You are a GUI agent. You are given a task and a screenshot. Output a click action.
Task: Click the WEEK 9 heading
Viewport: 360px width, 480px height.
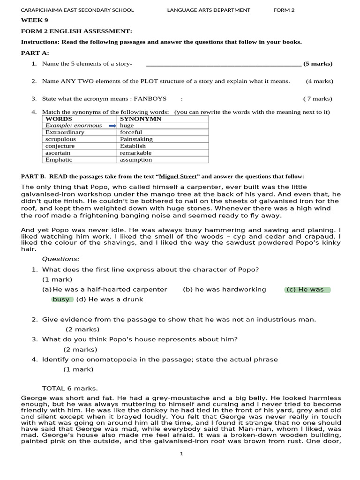[34, 20]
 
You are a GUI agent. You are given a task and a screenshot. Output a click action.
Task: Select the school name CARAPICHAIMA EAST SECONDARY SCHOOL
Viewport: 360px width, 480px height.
[77, 10]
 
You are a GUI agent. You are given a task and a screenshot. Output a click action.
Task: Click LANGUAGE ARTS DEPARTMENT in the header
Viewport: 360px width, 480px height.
[209, 10]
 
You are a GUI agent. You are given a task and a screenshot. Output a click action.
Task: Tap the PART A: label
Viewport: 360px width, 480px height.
[35, 52]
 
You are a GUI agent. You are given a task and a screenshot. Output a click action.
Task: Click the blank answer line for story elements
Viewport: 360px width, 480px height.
[224, 64]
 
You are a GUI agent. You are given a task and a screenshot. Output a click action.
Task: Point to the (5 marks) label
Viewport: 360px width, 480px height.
[318, 64]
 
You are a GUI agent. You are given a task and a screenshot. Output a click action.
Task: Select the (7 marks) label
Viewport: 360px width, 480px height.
[317, 98]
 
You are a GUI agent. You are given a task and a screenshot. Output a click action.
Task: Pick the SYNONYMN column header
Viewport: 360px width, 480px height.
[141, 119]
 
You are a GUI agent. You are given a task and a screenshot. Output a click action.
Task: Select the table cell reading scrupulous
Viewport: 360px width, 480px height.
[60, 139]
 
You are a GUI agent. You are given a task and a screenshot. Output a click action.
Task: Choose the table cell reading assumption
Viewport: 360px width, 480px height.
[136, 159]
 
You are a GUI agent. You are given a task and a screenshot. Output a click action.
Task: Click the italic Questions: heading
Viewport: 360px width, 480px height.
[61, 259]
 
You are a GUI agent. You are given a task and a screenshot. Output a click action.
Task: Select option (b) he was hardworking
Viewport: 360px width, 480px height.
[224, 289]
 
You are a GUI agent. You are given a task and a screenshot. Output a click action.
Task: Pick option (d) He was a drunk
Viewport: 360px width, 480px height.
[110, 299]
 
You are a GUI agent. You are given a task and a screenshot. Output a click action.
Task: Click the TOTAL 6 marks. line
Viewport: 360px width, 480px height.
[70, 388]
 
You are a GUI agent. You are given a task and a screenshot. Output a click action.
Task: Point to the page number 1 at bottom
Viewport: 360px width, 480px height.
[181, 453]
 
